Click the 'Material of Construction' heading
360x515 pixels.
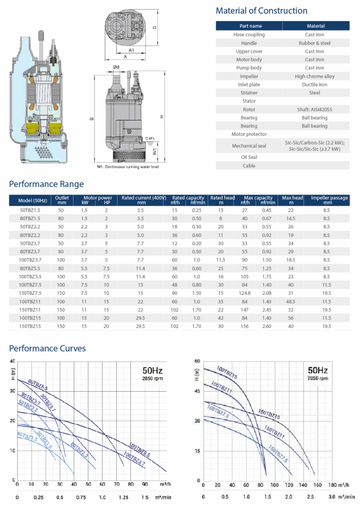point(261,11)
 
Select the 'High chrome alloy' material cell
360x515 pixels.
point(315,76)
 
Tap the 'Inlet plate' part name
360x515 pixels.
point(249,84)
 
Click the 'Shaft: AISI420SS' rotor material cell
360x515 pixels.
point(315,109)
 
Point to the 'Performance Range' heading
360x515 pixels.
point(46,184)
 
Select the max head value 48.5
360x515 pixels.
point(291,301)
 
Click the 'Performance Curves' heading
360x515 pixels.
point(47,348)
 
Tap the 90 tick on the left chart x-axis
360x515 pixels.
point(145,485)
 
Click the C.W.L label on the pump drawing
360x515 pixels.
point(150,138)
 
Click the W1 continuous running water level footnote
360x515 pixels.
point(128,166)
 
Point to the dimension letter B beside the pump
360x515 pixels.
point(91,119)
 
